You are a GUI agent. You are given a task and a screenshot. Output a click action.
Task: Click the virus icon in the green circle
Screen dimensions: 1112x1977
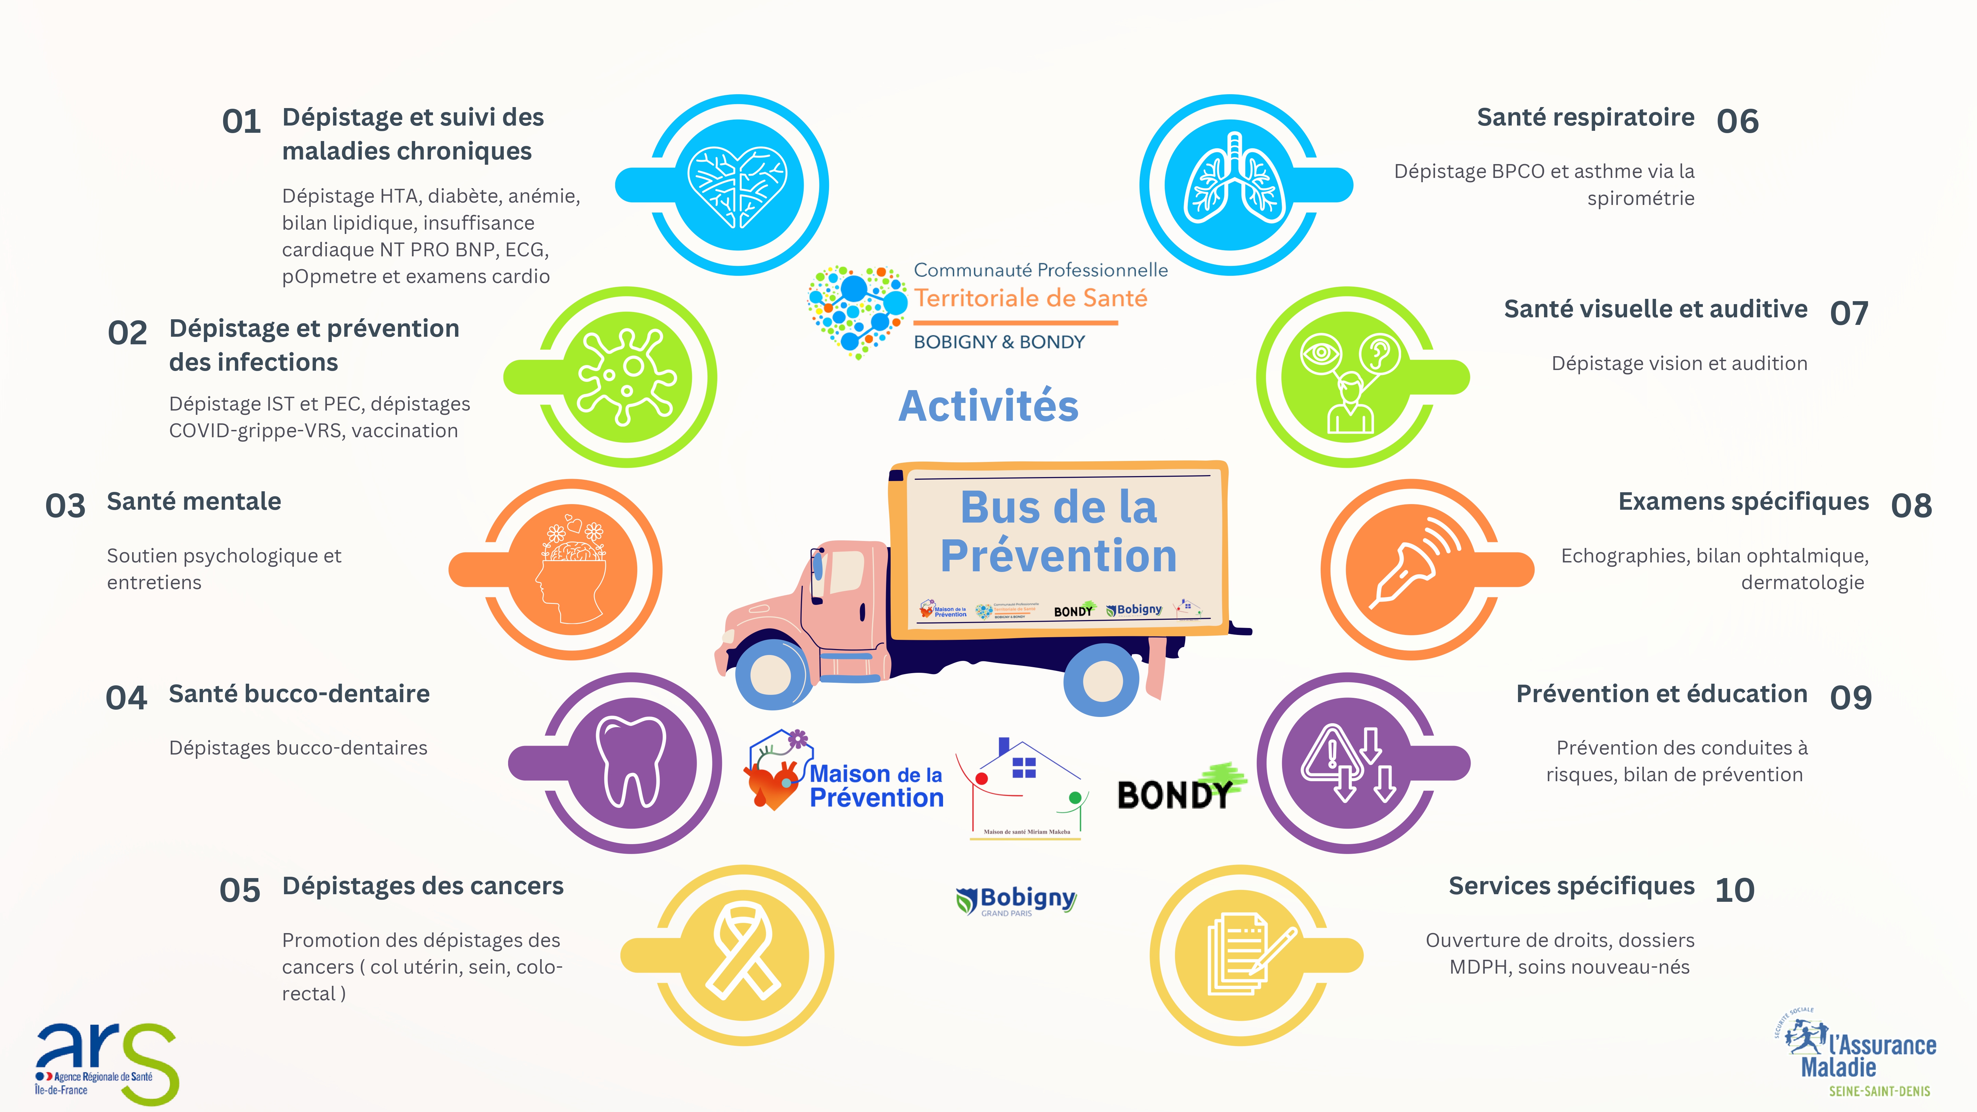click(627, 376)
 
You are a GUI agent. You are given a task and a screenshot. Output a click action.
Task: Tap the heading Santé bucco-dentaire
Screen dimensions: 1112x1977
click(299, 694)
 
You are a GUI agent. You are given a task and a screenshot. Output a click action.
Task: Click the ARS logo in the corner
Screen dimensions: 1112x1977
click(106, 1063)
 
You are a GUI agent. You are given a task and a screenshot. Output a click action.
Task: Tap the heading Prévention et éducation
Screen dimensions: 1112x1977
click(1662, 694)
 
